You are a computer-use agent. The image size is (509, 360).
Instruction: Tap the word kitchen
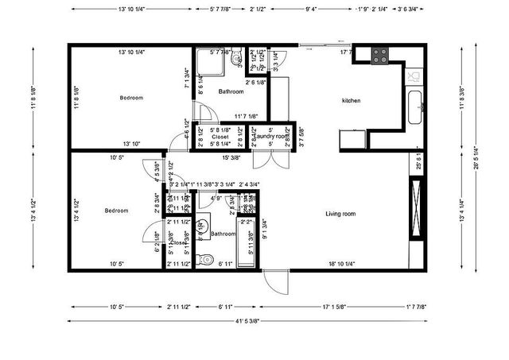tap(352, 101)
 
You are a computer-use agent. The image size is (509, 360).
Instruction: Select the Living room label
tap(340, 214)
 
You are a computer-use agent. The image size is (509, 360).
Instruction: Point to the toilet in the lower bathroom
tap(204, 258)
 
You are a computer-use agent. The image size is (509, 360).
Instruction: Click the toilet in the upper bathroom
tap(236, 59)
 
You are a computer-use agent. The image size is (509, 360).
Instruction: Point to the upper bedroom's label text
tap(131, 98)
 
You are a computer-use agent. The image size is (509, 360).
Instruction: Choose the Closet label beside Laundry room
tap(220, 137)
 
